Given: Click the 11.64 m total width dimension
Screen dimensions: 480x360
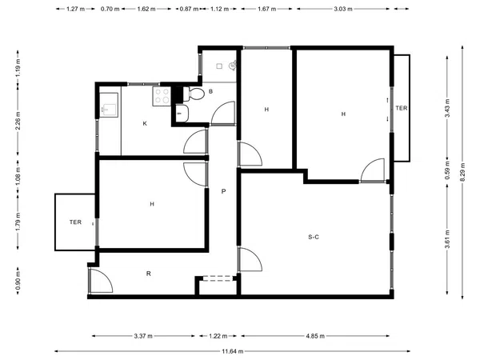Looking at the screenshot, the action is [233, 351].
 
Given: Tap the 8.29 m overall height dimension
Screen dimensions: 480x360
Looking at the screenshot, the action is [462, 172].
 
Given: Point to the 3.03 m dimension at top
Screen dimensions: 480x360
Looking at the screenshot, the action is [343, 9].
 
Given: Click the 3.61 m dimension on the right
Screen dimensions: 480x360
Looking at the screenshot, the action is [447, 240].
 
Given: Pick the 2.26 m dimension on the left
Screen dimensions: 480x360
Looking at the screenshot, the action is [18, 120].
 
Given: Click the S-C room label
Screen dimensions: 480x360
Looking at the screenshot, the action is [314, 237].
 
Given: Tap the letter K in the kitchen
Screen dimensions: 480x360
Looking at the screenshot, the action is [145, 124].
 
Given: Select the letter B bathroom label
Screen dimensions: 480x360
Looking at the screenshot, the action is [210, 91].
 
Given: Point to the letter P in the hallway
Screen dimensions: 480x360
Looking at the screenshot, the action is [223, 191].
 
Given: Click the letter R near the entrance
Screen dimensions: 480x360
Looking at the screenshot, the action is [149, 274].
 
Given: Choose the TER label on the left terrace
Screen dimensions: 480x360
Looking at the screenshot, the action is [75, 222].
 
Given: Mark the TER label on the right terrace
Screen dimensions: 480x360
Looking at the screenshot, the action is [402, 108].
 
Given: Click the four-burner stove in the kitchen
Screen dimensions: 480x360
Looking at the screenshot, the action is [162, 96].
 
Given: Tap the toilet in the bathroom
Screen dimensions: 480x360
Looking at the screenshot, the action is [194, 94].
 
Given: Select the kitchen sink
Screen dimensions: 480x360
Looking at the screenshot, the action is [109, 105].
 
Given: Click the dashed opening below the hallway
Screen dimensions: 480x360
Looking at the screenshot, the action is [218, 278].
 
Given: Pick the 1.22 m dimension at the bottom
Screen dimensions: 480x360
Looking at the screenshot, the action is [218, 336].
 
